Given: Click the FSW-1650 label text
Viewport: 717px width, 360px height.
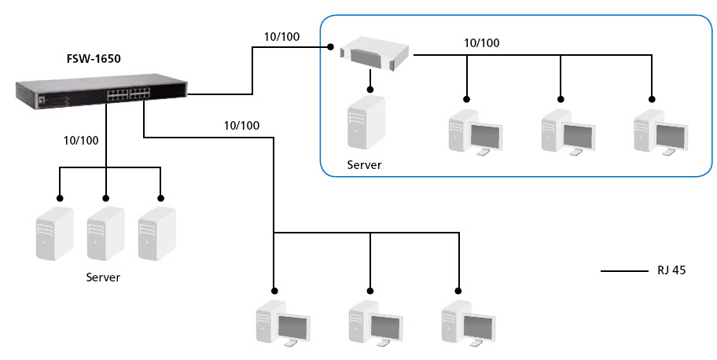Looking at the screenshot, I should (x=93, y=58).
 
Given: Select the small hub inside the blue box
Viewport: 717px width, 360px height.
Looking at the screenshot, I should (x=375, y=52).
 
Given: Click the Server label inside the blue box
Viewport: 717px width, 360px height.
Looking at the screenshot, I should (x=365, y=165).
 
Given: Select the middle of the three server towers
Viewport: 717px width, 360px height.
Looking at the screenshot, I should (x=105, y=233).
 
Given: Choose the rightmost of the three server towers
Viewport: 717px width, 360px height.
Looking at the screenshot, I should (x=156, y=233).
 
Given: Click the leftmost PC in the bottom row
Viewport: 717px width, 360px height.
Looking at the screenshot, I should (x=281, y=322).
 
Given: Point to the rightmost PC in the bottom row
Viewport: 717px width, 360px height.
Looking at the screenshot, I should (x=467, y=322).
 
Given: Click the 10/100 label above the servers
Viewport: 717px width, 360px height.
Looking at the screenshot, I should (x=80, y=141).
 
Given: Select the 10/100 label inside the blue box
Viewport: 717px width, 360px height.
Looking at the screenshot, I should (x=481, y=43).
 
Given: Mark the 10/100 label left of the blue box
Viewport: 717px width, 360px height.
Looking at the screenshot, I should (x=281, y=37).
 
